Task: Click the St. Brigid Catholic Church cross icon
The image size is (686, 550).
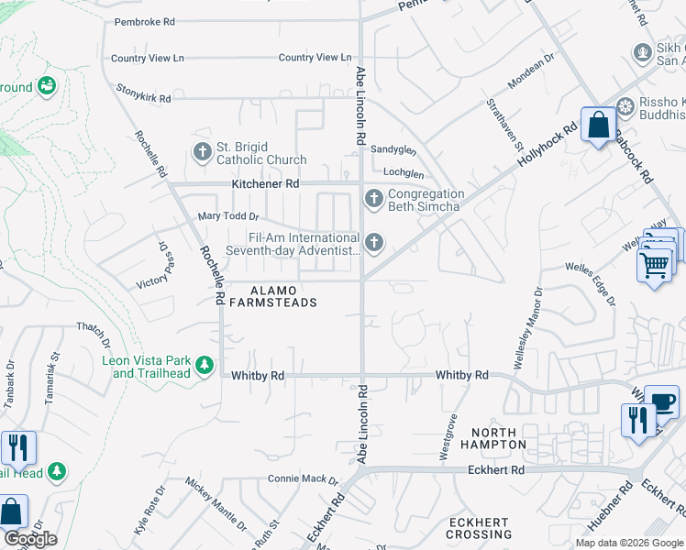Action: (x=203, y=150)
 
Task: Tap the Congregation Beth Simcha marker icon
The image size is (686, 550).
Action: (x=373, y=198)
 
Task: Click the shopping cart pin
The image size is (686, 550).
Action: (x=654, y=266)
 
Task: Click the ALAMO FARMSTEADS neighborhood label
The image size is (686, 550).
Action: (x=272, y=296)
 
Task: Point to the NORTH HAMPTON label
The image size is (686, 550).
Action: (x=500, y=438)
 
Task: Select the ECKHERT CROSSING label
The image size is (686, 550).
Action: (x=478, y=529)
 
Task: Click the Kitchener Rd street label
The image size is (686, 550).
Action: (x=266, y=184)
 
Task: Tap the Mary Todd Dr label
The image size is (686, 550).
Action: (x=229, y=217)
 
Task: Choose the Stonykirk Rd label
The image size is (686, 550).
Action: (x=144, y=93)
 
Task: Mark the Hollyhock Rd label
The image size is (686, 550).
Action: (x=547, y=145)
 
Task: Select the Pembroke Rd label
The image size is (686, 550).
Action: (x=144, y=22)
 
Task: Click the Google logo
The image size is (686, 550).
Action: (x=30, y=539)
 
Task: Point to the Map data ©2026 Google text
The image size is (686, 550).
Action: (x=628, y=543)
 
